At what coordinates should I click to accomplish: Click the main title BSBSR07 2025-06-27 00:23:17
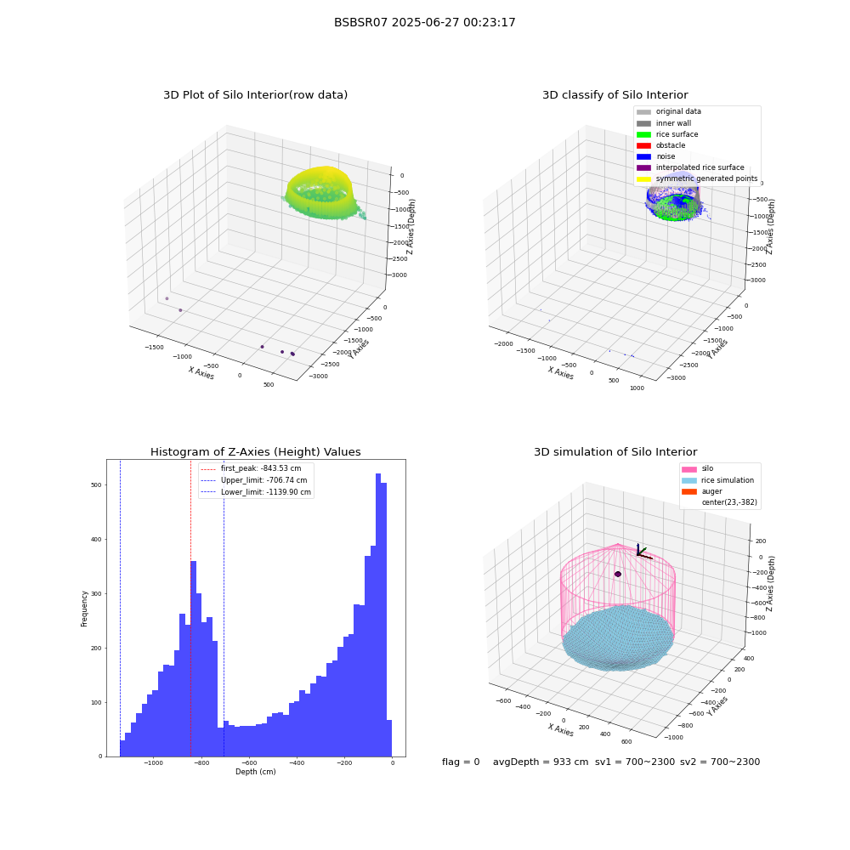[424, 22]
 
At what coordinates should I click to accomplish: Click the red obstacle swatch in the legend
[643, 145]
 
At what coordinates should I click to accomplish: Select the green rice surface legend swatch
[643, 134]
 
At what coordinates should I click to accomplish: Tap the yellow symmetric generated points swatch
[643, 178]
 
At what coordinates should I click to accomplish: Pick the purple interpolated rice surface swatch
[643, 167]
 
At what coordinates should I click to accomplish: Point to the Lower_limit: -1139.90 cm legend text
[265, 492]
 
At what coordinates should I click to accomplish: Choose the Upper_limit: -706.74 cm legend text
[264, 480]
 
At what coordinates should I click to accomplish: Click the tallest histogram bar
[378, 615]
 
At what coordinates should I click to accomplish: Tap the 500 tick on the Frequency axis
[97, 485]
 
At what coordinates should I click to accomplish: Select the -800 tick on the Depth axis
[201, 762]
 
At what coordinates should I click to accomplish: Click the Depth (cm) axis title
[255, 772]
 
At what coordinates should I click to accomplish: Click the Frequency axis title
[84, 609]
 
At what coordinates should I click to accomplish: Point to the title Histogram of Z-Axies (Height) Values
[255, 451]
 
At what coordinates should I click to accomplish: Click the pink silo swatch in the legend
[689, 469]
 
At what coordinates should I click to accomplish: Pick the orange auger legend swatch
[689, 491]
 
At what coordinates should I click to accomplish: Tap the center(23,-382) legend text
[729, 502]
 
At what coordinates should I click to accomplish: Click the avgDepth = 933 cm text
[541, 762]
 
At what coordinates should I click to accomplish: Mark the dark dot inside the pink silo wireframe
[617, 574]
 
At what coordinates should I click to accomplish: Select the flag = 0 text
[461, 762]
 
